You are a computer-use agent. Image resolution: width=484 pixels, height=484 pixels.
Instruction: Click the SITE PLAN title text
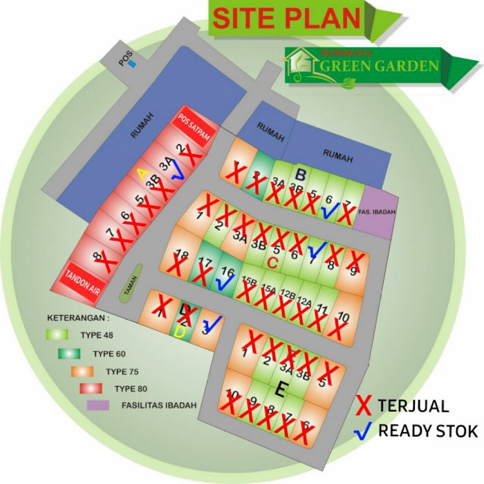coord(288,18)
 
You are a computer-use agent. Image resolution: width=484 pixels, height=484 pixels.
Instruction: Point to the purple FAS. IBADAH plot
coord(378,213)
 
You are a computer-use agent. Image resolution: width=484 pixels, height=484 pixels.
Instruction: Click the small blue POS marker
coord(133,64)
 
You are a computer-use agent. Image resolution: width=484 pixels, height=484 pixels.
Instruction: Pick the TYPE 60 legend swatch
coord(70,353)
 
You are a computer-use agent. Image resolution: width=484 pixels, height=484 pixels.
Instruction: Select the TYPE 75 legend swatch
coord(82,371)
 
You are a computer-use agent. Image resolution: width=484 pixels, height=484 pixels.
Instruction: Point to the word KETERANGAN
coord(78,319)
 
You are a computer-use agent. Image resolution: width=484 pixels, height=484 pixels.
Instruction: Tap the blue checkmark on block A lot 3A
coord(178,171)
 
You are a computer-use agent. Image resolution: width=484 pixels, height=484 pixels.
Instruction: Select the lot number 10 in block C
coord(344,317)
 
